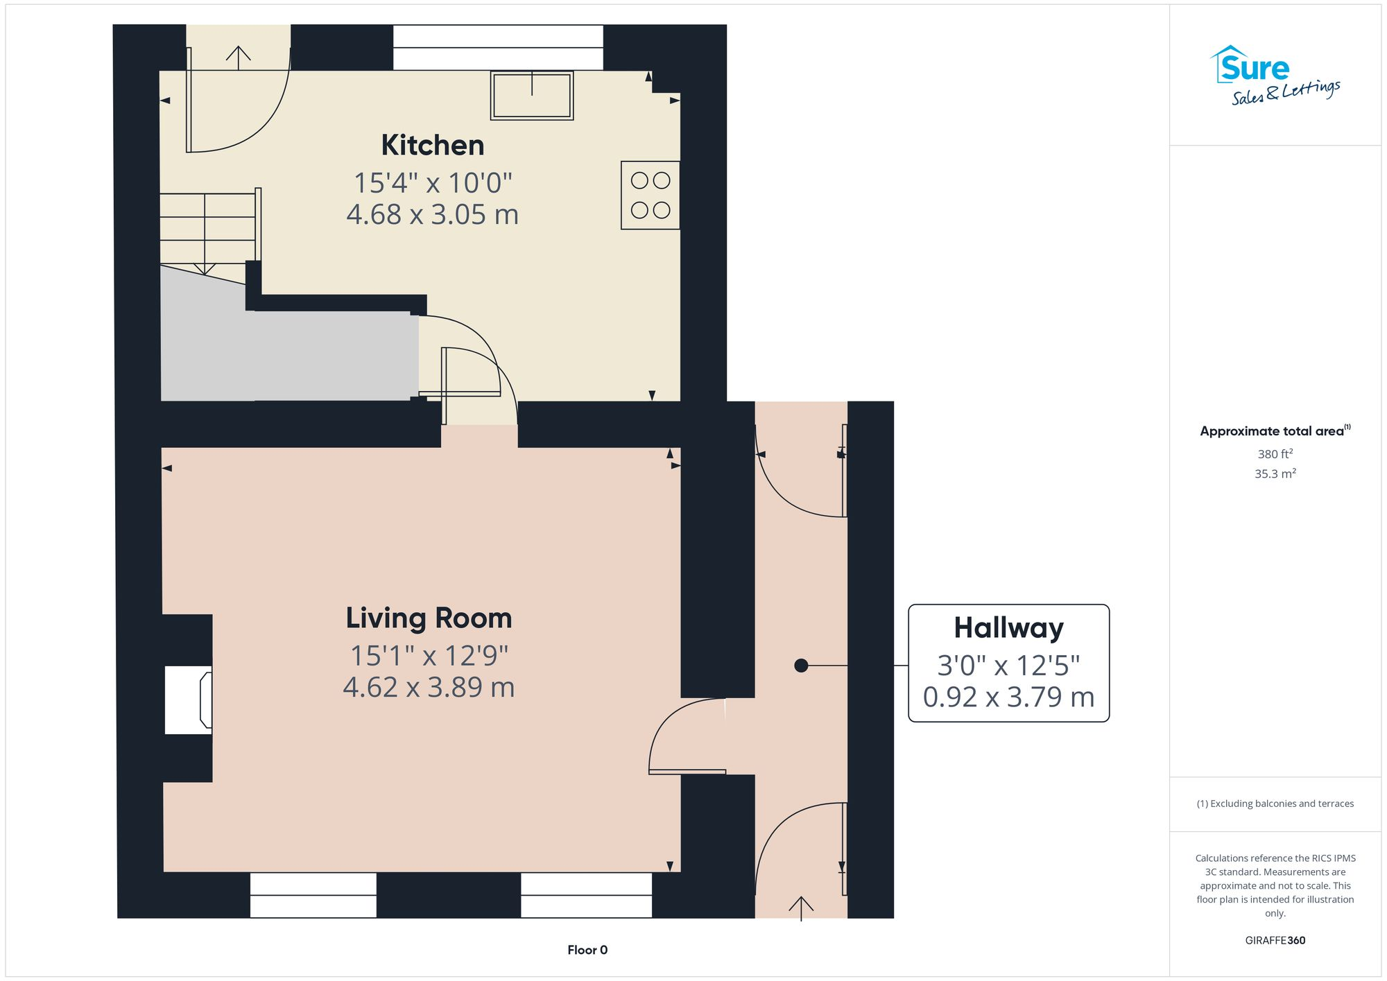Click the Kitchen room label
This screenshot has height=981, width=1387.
(x=432, y=146)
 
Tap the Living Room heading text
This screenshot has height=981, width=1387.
(x=429, y=618)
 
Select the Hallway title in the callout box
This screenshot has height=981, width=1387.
(x=1008, y=628)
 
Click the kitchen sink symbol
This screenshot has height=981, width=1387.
(x=532, y=96)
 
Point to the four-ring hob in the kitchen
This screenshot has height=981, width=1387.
(x=650, y=195)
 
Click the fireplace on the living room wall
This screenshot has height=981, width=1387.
(x=189, y=699)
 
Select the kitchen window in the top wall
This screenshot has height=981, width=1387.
(x=498, y=48)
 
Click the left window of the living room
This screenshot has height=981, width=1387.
(x=313, y=895)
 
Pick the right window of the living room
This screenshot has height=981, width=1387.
(x=586, y=895)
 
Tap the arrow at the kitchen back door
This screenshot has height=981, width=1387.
(x=238, y=57)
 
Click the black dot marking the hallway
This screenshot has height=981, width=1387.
(x=801, y=666)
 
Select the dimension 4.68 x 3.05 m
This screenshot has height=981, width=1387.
(x=432, y=215)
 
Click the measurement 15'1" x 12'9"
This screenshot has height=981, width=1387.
(x=429, y=656)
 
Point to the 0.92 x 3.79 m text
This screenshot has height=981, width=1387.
(x=1008, y=697)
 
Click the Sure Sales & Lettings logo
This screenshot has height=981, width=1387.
(x=1274, y=76)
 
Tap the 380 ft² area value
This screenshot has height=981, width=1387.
(x=1275, y=454)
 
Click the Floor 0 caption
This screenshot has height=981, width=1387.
(x=587, y=950)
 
